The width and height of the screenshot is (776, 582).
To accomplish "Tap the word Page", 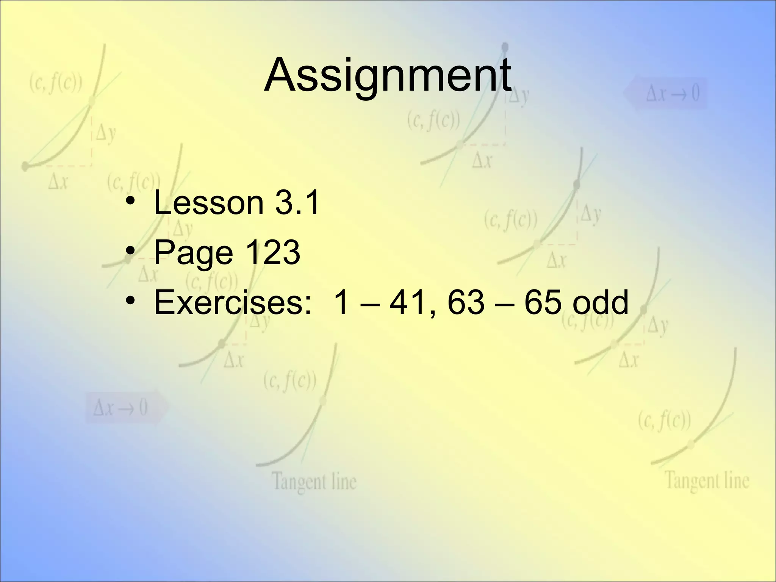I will (193, 253).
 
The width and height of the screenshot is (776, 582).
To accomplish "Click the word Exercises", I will (232, 302).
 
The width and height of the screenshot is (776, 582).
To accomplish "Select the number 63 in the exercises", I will (466, 302).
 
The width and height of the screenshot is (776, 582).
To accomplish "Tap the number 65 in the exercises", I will (543, 302).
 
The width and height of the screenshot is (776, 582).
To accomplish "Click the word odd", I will (601, 302).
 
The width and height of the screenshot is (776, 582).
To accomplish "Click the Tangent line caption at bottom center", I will (314, 482).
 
